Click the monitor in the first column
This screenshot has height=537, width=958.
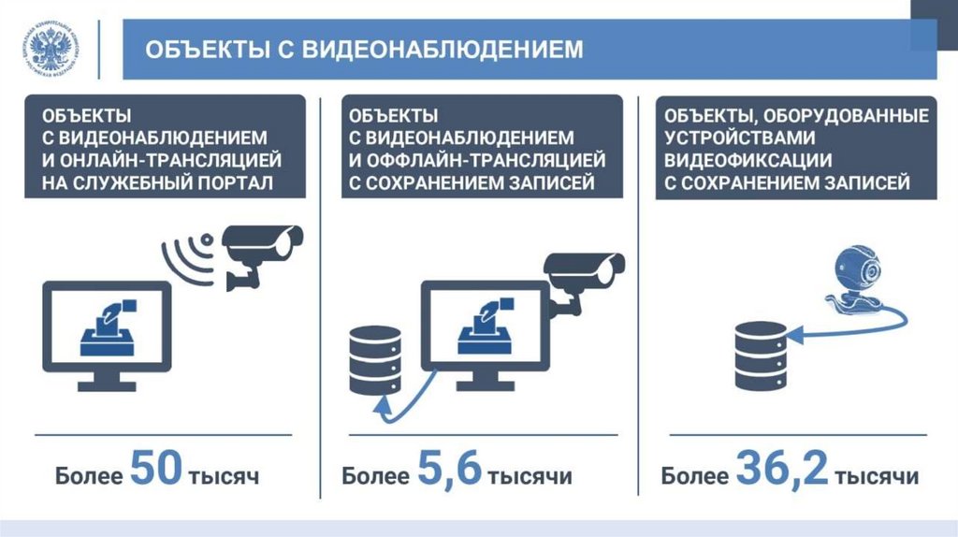(x=107, y=332)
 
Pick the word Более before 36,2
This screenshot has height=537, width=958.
(x=694, y=475)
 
